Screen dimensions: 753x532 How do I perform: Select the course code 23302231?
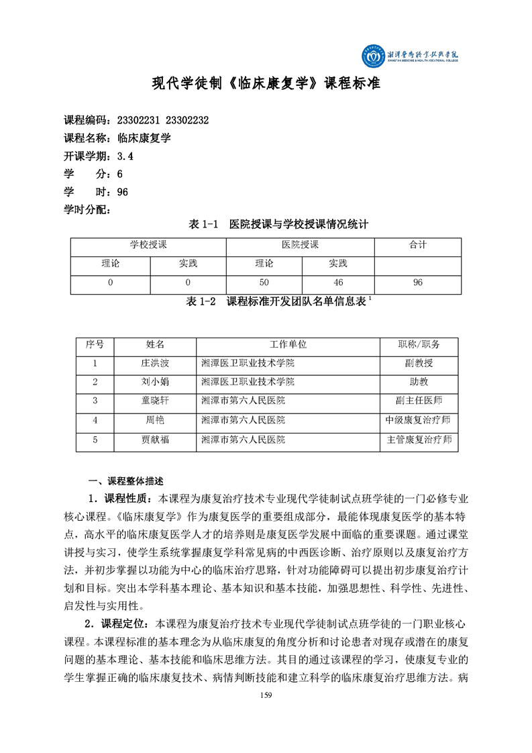[138, 120]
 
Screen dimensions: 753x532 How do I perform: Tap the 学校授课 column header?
[148, 245]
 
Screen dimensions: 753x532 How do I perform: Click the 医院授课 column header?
[300, 245]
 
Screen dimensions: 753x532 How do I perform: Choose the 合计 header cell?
[417, 245]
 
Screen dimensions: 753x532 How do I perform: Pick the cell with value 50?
[264, 283]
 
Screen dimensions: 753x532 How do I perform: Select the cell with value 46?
[337, 283]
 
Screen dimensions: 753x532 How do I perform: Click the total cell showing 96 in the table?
[417, 283]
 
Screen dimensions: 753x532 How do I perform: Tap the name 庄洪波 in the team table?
[155, 363]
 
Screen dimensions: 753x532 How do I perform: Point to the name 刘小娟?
[155, 382]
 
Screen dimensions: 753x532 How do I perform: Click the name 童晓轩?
[155, 401]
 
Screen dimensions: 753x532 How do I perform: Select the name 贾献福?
[155, 440]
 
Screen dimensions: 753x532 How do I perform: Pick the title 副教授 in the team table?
[419, 363]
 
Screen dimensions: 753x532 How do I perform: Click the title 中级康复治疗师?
[419, 420]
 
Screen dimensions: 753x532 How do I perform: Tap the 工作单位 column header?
[288, 344]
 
